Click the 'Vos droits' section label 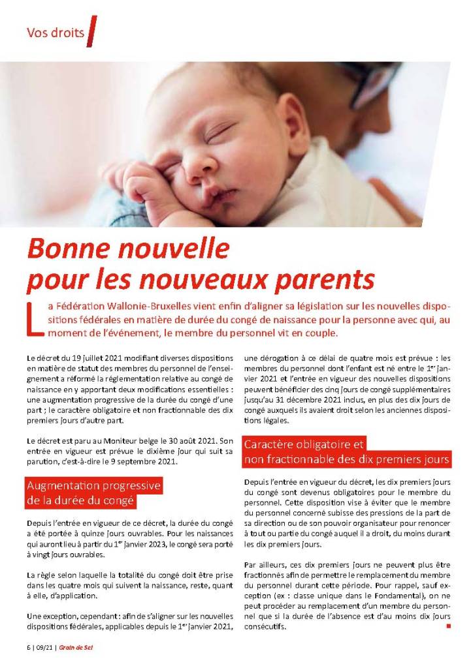[x=56, y=33]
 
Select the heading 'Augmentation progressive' [x=93, y=487]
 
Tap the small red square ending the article [x=448, y=627]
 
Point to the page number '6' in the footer [x=29, y=648]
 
